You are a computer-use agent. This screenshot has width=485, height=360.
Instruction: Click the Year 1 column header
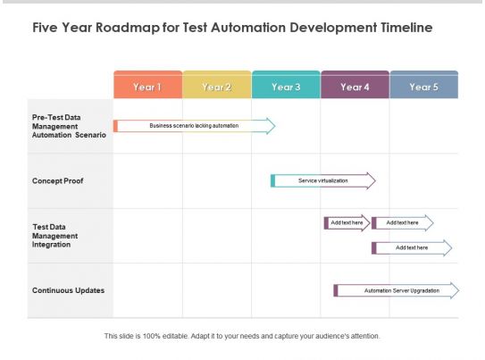point(147,87)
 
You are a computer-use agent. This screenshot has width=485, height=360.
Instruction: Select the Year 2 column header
point(217,87)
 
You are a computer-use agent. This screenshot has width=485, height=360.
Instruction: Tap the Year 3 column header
point(286,87)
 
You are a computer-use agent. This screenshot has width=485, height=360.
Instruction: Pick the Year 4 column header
point(355,87)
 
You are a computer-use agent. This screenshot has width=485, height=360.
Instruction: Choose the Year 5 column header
point(423,87)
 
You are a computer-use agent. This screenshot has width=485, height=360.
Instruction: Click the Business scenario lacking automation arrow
point(194,126)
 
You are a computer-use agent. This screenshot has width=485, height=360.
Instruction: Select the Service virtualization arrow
point(323,180)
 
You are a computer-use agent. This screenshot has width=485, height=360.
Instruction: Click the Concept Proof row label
point(58,180)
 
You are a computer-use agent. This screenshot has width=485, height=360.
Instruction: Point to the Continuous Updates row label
point(68,290)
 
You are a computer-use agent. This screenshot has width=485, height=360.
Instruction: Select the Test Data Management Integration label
point(55,235)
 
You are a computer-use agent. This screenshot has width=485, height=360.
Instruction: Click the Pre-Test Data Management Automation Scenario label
point(69,126)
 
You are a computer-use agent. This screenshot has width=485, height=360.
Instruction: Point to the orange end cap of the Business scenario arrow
point(115,126)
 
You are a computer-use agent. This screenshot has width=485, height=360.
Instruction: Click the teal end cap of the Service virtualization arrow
point(272,180)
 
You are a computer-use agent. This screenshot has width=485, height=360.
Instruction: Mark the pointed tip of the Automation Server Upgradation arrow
point(457,290)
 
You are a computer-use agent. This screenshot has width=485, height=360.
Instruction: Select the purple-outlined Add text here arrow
point(347,222)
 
